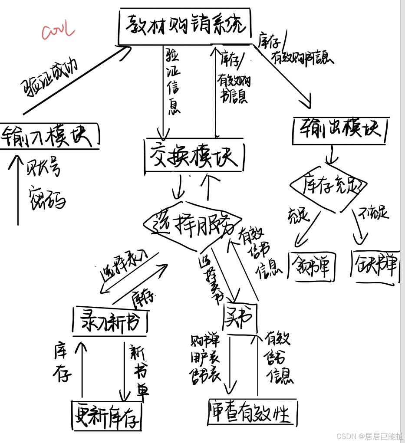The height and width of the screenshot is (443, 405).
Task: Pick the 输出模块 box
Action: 340,129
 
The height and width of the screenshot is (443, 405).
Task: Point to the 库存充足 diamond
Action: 329,186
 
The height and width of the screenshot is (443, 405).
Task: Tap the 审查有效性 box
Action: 252,412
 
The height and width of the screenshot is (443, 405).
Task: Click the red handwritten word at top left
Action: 58,32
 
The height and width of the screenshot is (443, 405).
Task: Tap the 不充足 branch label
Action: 374,213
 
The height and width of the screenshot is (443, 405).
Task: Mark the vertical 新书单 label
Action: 139,369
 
